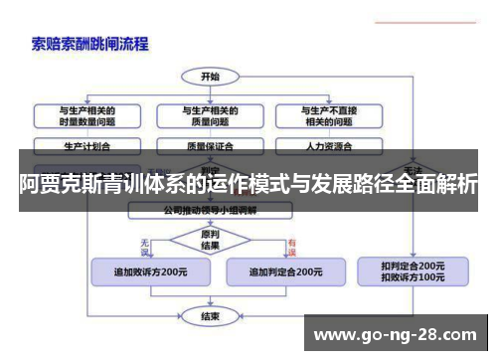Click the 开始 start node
(x=210, y=76)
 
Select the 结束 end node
(x=210, y=317)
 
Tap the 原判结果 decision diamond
(x=210, y=240)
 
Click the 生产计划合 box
(x=87, y=145)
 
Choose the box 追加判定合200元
(x=284, y=270)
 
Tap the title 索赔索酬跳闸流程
(x=89, y=44)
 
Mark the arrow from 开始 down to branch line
(x=210, y=90)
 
